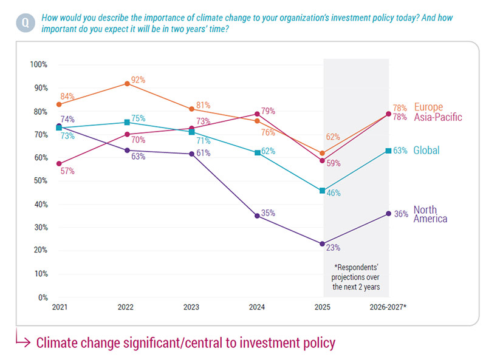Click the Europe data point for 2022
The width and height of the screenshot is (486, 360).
click(126, 83)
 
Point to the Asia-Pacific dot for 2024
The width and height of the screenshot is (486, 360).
click(258, 114)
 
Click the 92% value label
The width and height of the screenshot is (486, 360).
click(138, 80)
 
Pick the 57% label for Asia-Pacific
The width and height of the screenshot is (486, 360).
click(67, 171)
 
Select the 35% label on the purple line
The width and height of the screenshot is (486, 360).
click(269, 213)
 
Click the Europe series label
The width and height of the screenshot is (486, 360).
click(429, 107)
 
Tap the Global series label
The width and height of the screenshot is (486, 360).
click(426, 151)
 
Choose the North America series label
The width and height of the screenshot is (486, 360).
click(430, 214)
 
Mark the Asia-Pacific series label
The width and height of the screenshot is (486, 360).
click(438, 117)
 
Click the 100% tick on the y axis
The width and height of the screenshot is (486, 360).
click(38, 64)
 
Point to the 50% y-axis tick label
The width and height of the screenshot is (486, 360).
click(40, 181)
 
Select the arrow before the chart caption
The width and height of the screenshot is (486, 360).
click(22, 342)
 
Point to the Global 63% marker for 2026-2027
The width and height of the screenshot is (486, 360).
click(388, 151)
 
